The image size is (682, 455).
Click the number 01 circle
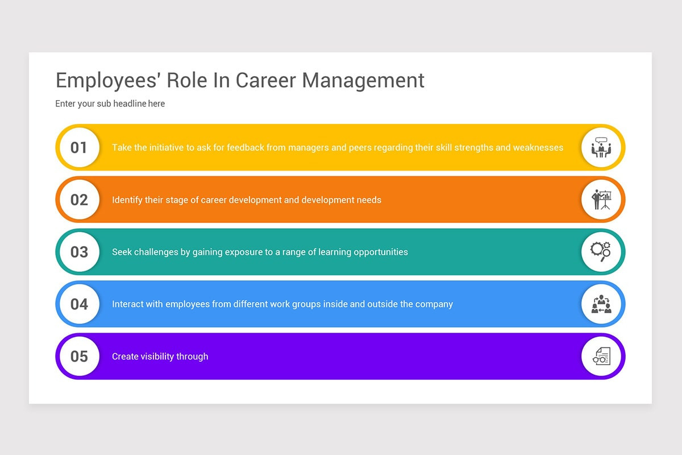[79, 148]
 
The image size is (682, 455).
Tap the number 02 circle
[79, 200]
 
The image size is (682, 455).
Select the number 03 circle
[79, 252]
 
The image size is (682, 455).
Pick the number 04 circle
[79, 304]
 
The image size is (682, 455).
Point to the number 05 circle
[79, 357]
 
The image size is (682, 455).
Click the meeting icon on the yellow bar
[601, 148]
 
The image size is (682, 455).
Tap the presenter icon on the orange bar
[601, 200]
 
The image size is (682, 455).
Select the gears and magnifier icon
[601, 252]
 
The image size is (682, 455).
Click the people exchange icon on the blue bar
[601, 304]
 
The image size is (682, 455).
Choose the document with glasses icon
[601, 357]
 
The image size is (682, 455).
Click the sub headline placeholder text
[110, 104]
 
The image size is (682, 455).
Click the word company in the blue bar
[434, 304]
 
